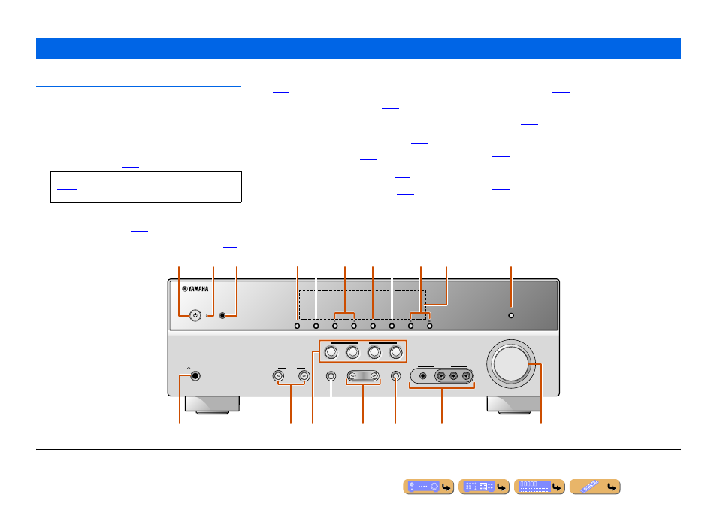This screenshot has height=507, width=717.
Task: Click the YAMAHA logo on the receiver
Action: click(195, 289)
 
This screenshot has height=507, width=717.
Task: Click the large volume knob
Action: click(510, 364)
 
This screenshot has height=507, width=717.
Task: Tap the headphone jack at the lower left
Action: click(195, 376)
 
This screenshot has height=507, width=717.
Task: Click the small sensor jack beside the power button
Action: click(222, 316)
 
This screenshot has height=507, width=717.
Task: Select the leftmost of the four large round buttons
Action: click(331, 352)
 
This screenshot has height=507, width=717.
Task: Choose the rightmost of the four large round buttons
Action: click(396, 352)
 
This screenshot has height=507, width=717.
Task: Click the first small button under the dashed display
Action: click(297, 326)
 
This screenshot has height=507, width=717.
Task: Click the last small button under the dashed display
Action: click(430, 326)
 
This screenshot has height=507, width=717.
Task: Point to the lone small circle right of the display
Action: click(511, 316)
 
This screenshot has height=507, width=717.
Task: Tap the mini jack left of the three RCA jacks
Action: click(423, 376)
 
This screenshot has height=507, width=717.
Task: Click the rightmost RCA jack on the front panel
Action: click(467, 376)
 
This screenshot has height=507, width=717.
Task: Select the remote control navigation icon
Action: click(595, 487)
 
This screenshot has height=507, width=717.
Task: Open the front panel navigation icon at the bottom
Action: click(428, 487)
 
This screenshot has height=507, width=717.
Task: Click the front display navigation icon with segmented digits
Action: click(540, 487)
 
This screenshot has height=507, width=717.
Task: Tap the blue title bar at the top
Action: click(358, 49)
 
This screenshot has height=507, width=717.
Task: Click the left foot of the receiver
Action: click(212, 405)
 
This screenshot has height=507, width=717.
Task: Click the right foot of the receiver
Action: click(514, 405)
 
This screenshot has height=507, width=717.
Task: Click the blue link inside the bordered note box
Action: click(67, 189)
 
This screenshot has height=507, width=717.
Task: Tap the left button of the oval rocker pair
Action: click(352, 376)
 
